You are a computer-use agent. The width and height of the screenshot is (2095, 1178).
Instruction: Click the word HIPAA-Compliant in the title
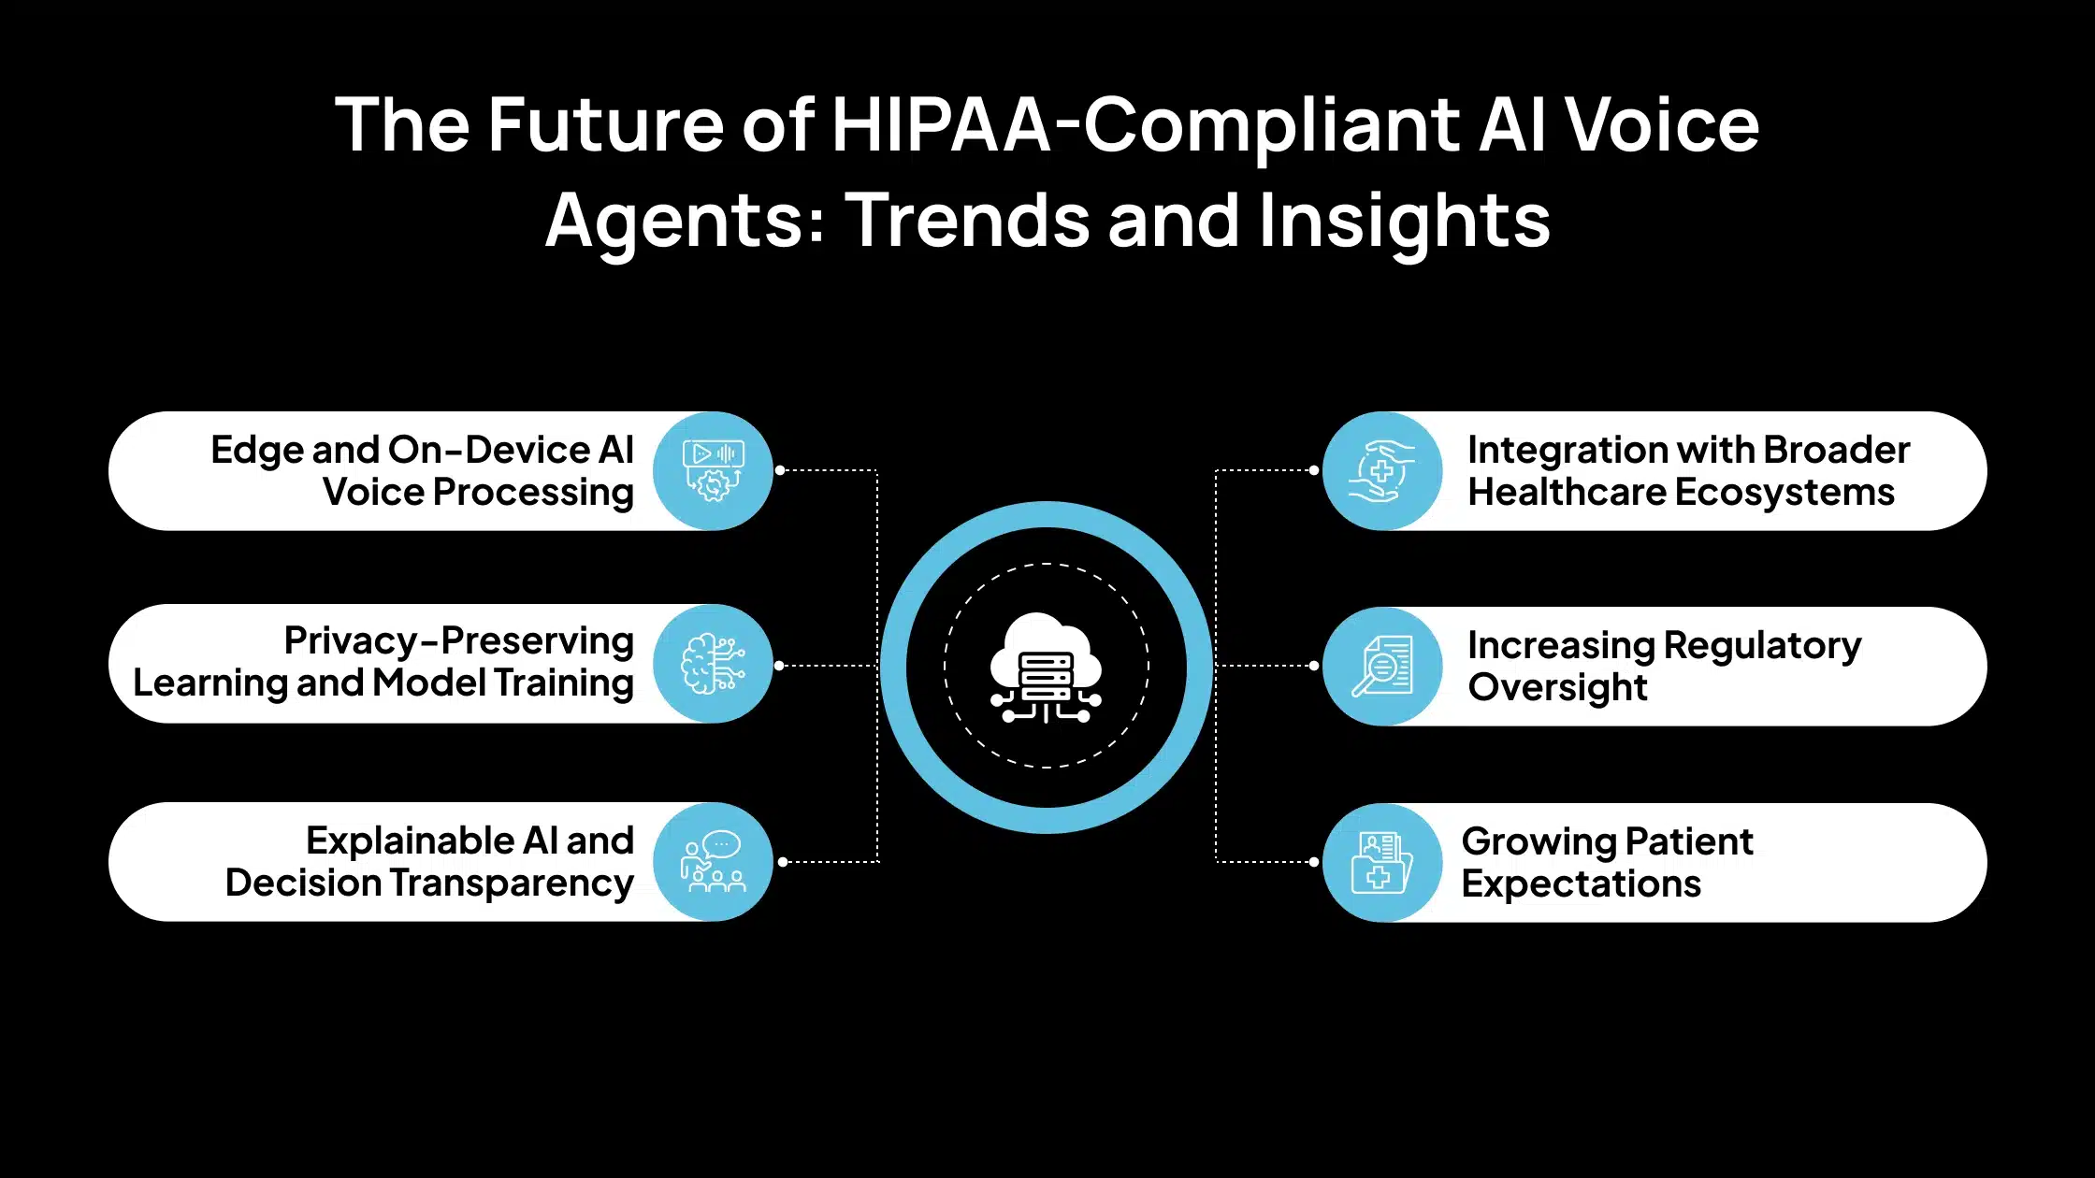click(1145, 125)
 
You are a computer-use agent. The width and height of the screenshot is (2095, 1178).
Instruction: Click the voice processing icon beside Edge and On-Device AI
click(714, 470)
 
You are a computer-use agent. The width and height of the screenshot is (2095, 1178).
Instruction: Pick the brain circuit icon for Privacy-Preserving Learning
click(714, 664)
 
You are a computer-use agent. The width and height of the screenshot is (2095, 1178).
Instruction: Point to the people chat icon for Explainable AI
click(714, 861)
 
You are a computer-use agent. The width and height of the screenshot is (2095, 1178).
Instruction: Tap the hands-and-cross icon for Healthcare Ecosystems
click(1382, 470)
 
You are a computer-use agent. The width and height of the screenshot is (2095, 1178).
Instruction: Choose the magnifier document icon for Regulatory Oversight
click(1382, 666)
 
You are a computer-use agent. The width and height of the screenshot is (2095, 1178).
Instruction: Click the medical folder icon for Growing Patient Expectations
click(1382, 862)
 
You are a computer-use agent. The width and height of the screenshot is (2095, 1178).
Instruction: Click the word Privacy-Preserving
click(458, 641)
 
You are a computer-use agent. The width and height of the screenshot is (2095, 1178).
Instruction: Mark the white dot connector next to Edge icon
click(780, 470)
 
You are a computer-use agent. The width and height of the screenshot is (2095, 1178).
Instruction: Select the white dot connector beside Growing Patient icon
click(1314, 862)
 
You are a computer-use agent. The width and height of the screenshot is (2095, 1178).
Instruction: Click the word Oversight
click(1557, 687)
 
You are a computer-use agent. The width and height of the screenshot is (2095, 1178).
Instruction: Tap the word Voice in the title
click(1662, 125)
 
